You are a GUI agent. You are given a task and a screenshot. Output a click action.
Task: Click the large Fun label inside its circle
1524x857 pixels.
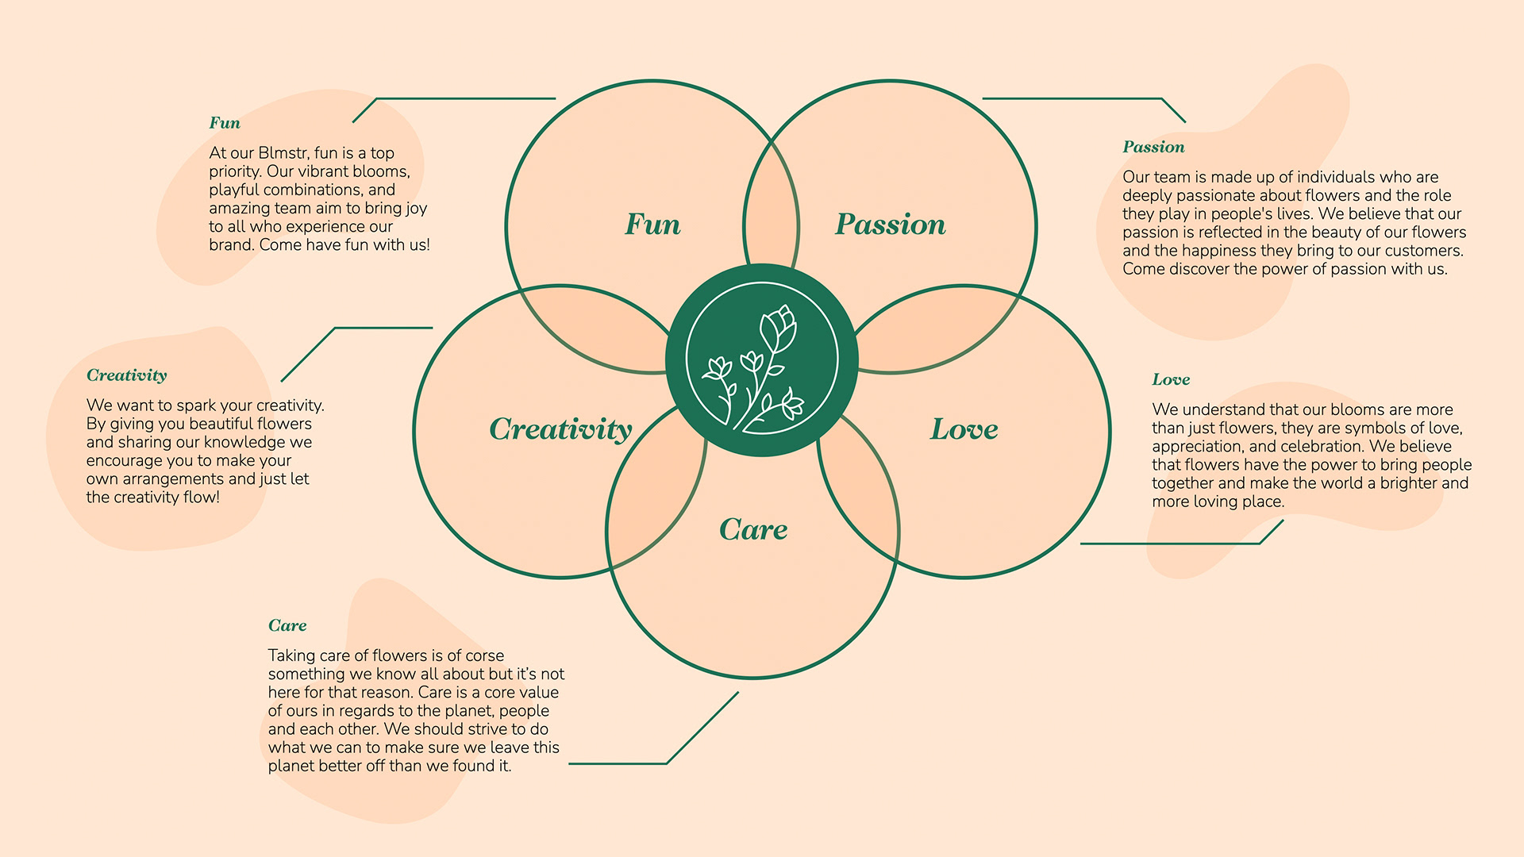coord(652,225)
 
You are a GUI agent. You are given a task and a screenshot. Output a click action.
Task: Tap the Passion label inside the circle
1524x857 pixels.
coord(890,225)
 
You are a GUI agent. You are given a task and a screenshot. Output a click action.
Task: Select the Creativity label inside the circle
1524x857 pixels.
coord(560,429)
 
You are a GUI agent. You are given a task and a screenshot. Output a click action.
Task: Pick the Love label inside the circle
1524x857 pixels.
coord(964,429)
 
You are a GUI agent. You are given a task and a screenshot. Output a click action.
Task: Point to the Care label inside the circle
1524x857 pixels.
coord(753,529)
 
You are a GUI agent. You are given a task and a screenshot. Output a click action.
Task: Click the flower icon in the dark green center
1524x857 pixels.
coord(761,360)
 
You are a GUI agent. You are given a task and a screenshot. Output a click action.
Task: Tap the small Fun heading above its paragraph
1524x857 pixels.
coord(225,123)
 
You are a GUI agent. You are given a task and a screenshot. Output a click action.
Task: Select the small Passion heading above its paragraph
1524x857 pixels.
coord(1153,147)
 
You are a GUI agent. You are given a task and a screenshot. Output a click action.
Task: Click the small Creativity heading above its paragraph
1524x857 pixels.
coord(127,375)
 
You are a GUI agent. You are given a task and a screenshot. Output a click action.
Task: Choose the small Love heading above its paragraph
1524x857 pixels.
coord(1171,379)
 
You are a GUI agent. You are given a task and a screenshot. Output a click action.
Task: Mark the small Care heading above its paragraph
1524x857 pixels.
coord(287,625)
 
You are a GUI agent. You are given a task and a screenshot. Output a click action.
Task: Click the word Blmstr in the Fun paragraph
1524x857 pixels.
coord(283,153)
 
